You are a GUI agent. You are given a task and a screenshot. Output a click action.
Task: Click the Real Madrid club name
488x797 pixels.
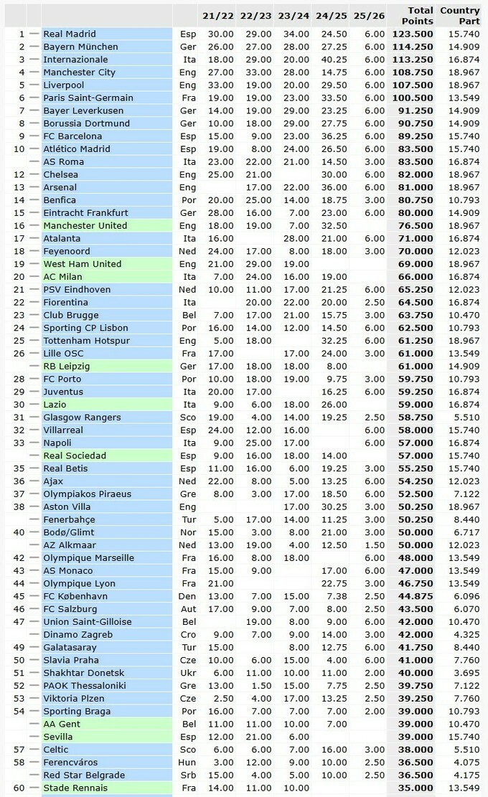pos(70,34)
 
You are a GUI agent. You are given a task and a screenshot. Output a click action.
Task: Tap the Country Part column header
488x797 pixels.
pos(459,15)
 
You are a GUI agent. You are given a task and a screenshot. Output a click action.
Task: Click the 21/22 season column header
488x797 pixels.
pos(217,15)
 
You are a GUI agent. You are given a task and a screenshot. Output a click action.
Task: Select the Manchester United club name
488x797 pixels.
pos(85,225)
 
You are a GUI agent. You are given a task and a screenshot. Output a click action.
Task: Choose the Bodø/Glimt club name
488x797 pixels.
pos(69,532)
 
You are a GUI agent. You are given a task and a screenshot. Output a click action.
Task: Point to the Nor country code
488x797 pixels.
pos(187,532)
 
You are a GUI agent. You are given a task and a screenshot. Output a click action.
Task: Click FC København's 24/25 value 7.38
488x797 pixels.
pos(334,596)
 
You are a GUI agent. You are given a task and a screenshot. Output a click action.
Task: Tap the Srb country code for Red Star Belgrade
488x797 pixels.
pos(187,775)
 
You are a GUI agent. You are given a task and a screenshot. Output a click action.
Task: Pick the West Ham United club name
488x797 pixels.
pos(82,264)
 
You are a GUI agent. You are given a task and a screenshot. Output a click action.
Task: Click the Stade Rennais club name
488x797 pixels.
pos(75,788)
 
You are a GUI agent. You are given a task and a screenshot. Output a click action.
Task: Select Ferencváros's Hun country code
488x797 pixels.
pos(187,762)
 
